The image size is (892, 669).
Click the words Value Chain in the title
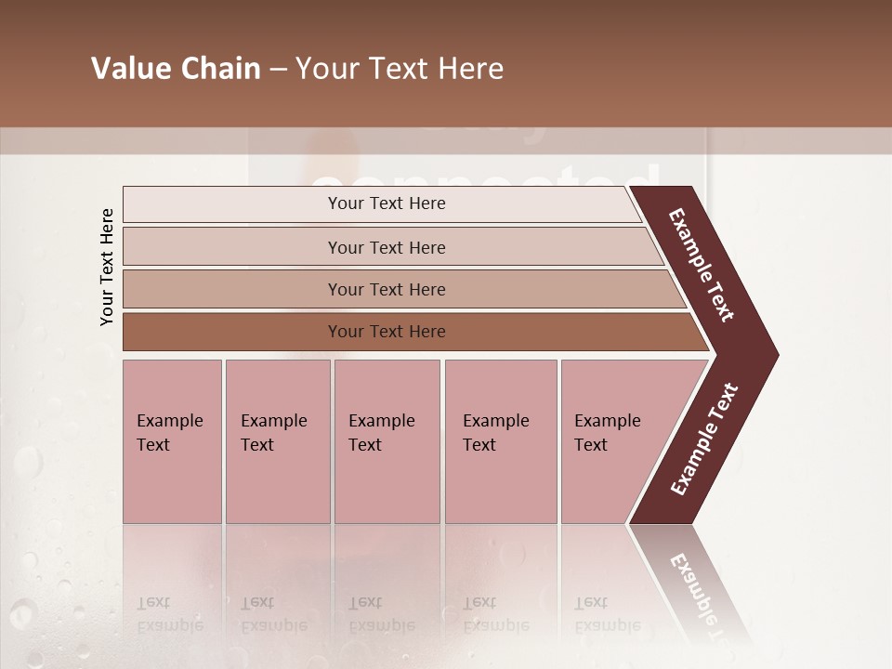point(176,69)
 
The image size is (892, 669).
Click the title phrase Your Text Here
point(400,69)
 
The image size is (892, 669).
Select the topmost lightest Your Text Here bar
point(386,203)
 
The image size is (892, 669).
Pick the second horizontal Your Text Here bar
point(386,247)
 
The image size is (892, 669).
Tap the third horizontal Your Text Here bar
point(386,289)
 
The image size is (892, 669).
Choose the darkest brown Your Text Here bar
point(386,332)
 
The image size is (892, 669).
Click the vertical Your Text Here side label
point(108,267)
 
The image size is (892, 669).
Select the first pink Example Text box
point(172,441)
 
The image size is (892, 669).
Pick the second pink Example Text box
point(277,441)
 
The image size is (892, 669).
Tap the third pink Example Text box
point(387,441)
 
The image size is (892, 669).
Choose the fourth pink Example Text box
point(501,441)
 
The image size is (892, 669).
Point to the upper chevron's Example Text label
point(702,265)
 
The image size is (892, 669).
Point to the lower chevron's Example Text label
point(704,439)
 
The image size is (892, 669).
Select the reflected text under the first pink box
point(169,614)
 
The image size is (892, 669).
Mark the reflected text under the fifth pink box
point(607,614)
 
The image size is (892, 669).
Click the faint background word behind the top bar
point(483,177)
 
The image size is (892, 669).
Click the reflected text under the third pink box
point(381,614)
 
